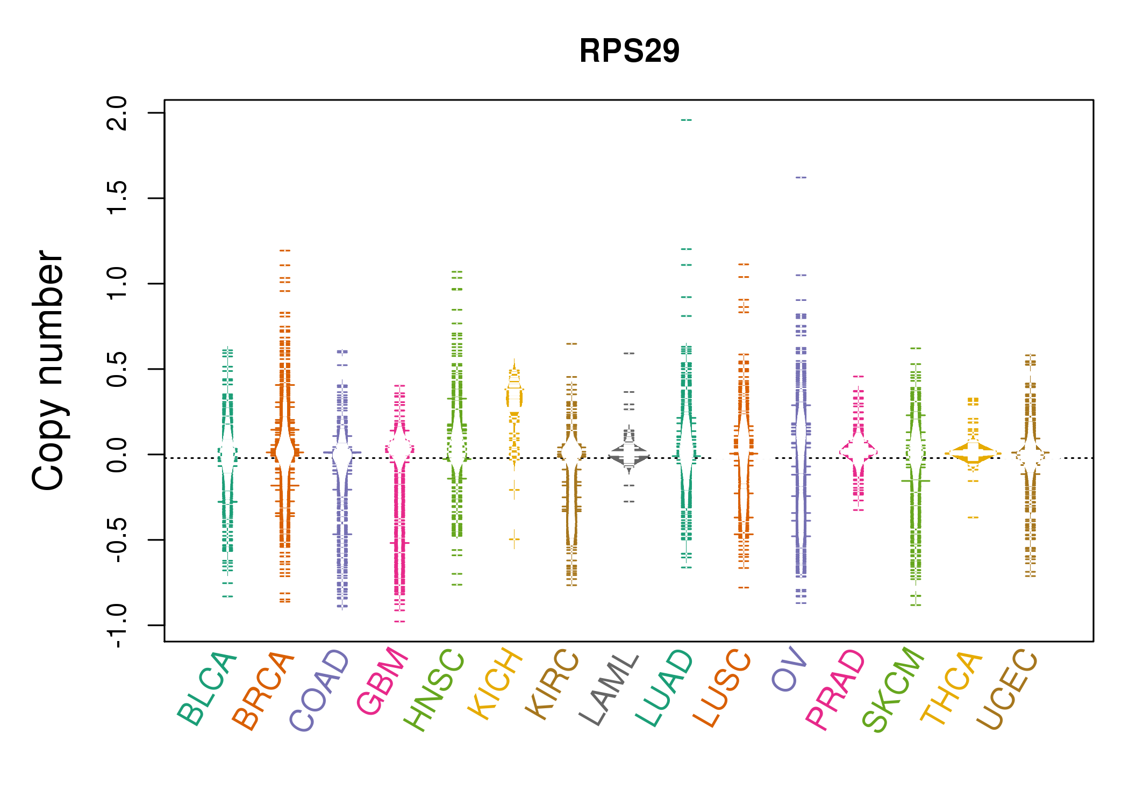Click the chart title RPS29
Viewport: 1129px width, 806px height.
[x=629, y=51]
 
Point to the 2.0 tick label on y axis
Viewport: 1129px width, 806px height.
[x=117, y=113]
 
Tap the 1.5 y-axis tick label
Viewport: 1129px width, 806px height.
[x=117, y=198]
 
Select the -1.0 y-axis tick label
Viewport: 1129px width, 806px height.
[x=117, y=625]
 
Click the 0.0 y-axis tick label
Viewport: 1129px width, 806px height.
[x=117, y=455]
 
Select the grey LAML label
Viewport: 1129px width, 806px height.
[x=609, y=689]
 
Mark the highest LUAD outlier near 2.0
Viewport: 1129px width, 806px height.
[x=687, y=120]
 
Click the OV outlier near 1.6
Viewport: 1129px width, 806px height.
[x=801, y=177]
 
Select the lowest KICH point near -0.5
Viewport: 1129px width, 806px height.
[x=515, y=538]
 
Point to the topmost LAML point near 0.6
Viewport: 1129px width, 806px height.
[x=629, y=354]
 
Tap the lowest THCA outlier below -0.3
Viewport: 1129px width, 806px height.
[x=973, y=517]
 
